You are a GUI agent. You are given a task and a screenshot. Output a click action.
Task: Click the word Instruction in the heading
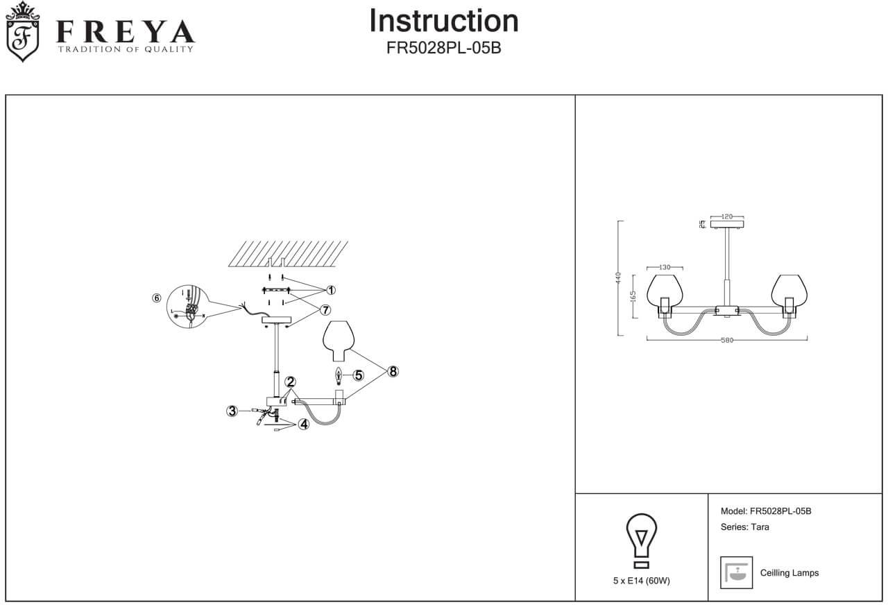[443, 21]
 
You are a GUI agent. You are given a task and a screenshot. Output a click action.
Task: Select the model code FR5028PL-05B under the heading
[443, 50]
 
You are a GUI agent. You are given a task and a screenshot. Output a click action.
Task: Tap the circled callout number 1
[331, 289]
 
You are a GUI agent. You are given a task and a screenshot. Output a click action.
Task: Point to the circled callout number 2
[290, 382]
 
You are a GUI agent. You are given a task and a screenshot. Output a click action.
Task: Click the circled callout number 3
[232, 411]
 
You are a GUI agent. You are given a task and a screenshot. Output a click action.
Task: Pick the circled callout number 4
[303, 425]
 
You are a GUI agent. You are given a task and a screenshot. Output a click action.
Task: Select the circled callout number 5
[358, 375]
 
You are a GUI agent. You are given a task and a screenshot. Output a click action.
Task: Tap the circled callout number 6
[156, 298]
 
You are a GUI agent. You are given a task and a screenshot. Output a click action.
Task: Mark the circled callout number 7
[325, 309]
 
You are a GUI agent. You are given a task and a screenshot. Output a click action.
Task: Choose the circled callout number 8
[393, 371]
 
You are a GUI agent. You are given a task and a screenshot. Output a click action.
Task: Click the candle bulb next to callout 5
[339, 376]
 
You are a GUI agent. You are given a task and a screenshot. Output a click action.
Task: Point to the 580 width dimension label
[726, 340]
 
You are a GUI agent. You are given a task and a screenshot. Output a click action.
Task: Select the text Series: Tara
[745, 527]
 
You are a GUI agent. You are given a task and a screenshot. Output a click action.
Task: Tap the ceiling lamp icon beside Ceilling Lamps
[736, 572]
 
